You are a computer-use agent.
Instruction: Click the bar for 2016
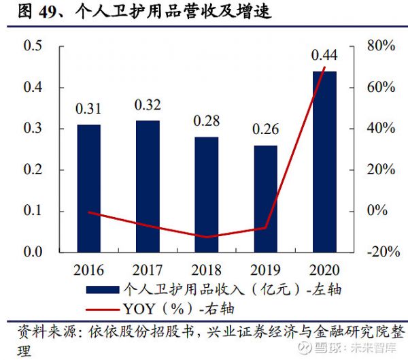pyautogui.click(x=88, y=188)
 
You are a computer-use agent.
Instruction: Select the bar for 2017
pyautogui.click(x=148, y=186)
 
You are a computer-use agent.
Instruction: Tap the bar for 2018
pyautogui.click(x=207, y=194)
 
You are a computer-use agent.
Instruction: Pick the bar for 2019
pyautogui.click(x=265, y=198)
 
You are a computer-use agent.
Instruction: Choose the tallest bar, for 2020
pyautogui.click(x=324, y=161)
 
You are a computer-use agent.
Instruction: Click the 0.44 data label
pyautogui.click(x=324, y=54)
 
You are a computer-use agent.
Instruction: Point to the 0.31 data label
pyautogui.click(x=88, y=108)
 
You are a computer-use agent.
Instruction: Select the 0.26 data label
pyautogui.click(x=265, y=129)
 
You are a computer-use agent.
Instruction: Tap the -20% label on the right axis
pyautogui.click(x=379, y=252)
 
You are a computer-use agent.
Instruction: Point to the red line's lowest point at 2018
pyautogui.click(x=207, y=238)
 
